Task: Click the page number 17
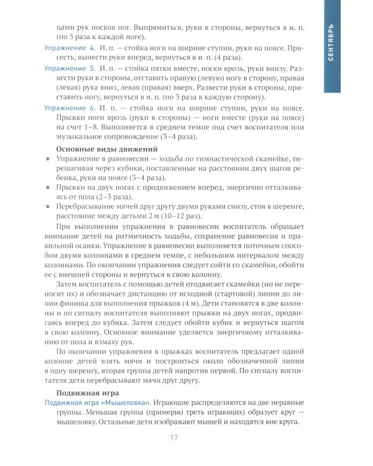click(174, 439)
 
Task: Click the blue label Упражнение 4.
click(69, 48)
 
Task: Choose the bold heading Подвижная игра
click(89, 393)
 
